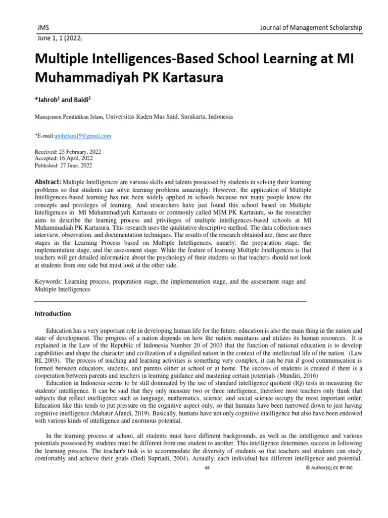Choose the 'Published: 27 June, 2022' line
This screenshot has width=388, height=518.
tap(63, 165)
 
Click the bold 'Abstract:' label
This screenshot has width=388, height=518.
tap(47, 182)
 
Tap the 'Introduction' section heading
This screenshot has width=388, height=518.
tap(53, 314)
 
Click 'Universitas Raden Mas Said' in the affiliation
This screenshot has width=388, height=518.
tap(142, 116)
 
